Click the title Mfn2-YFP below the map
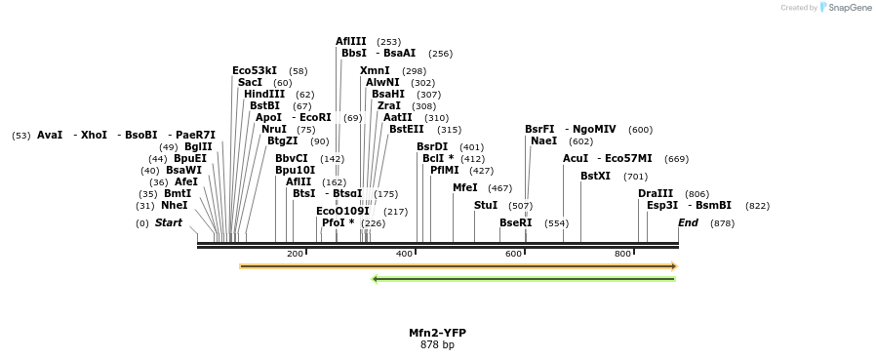(x=437, y=333)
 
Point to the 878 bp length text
(x=437, y=344)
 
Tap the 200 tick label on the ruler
(x=295, y=254)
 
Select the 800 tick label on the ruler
(x=622, y=254)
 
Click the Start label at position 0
(x=169, y=222)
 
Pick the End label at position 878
(x=689, y=222)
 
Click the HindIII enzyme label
(x=264, y=94)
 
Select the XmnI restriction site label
(x=375, y=70)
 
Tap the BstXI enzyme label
(x=595, y=176)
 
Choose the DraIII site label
(x=656, y=193)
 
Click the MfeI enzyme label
(x=465, y=187)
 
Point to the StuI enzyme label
(x=486, y=205)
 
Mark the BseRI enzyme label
(x=516, y=222)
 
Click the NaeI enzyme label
(x=544, y=140)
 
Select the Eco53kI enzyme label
(x=255, y=70)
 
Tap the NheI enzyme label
(x=175, y=205)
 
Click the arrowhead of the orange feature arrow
(x=673, y=266)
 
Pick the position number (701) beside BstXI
(x=635, y=177)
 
